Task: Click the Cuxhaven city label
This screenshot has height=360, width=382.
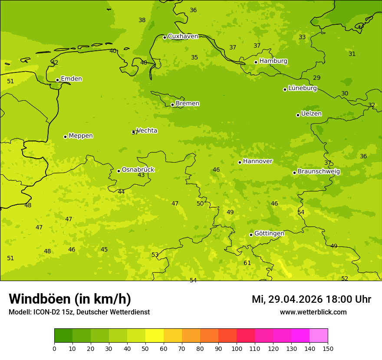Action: [x=183, y=36]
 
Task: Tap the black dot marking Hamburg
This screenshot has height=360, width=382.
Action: [x=256, y=62]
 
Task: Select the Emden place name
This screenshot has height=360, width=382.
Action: [x=71, y=79]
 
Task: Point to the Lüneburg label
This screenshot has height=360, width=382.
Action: [x=302, y=88]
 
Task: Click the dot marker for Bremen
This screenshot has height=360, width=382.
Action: [x=172, y=105]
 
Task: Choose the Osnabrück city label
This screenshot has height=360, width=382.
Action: [x=138, y=170]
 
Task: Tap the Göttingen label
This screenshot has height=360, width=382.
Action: [x=269, y=234]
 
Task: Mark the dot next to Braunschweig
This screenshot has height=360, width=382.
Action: [x=294, y=173]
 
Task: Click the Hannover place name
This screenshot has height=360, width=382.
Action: [x=257, y=161]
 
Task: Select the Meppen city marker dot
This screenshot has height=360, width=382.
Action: [x=65, y=137]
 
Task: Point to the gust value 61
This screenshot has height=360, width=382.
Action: [x=247, y=263]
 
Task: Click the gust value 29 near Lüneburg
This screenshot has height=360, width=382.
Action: [x=316, y=78]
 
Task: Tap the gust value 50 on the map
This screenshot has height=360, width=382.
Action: [x=200, y=203]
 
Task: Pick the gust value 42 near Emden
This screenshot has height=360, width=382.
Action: [x=55, y=63]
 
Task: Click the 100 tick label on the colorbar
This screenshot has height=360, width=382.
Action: [x=237, y=348]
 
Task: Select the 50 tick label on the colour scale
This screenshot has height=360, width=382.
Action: [x=145, y=348]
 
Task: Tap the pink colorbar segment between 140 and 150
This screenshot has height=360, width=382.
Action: [x=319, y=336]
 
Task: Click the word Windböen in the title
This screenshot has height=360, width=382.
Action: [x=40, y=299]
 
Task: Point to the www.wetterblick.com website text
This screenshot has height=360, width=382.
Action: [x=313, y=312]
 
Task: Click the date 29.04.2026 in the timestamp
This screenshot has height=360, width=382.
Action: [x=295, y=299]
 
